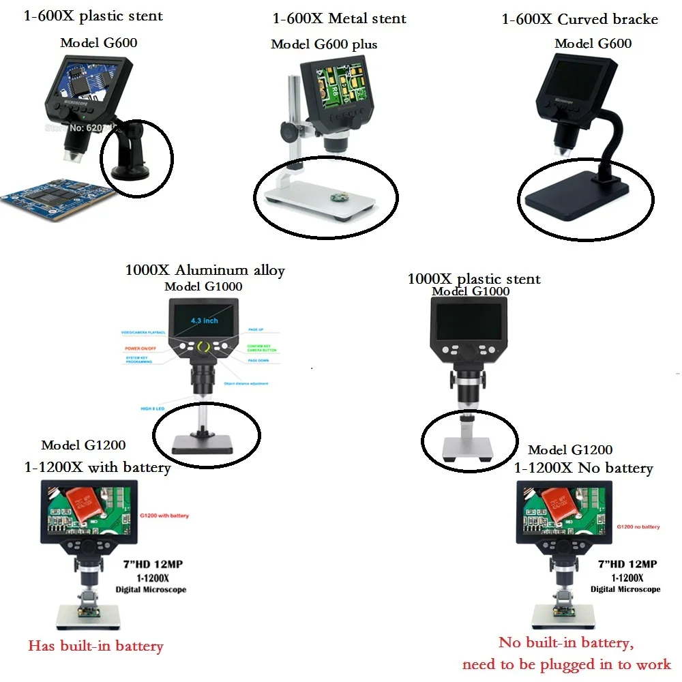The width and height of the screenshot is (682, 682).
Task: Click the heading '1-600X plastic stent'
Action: coord(93,16)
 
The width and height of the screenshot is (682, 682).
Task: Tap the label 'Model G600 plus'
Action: coord(324,44)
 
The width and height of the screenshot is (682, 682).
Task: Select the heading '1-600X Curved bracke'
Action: coord(580,19)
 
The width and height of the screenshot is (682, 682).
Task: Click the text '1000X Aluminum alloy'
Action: coord(205,271)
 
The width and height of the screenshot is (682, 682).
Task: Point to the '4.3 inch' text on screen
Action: coord(205,321)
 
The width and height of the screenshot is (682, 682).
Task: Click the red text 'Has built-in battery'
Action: coord(95,646)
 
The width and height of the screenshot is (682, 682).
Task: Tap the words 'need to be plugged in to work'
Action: coord(567,664)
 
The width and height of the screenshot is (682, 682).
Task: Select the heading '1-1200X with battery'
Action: coord(97,468)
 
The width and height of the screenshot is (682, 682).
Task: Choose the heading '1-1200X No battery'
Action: coord(583,468)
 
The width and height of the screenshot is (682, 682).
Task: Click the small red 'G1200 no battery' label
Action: coord(638,527)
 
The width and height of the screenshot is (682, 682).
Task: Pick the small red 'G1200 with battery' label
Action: coord(164,516)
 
